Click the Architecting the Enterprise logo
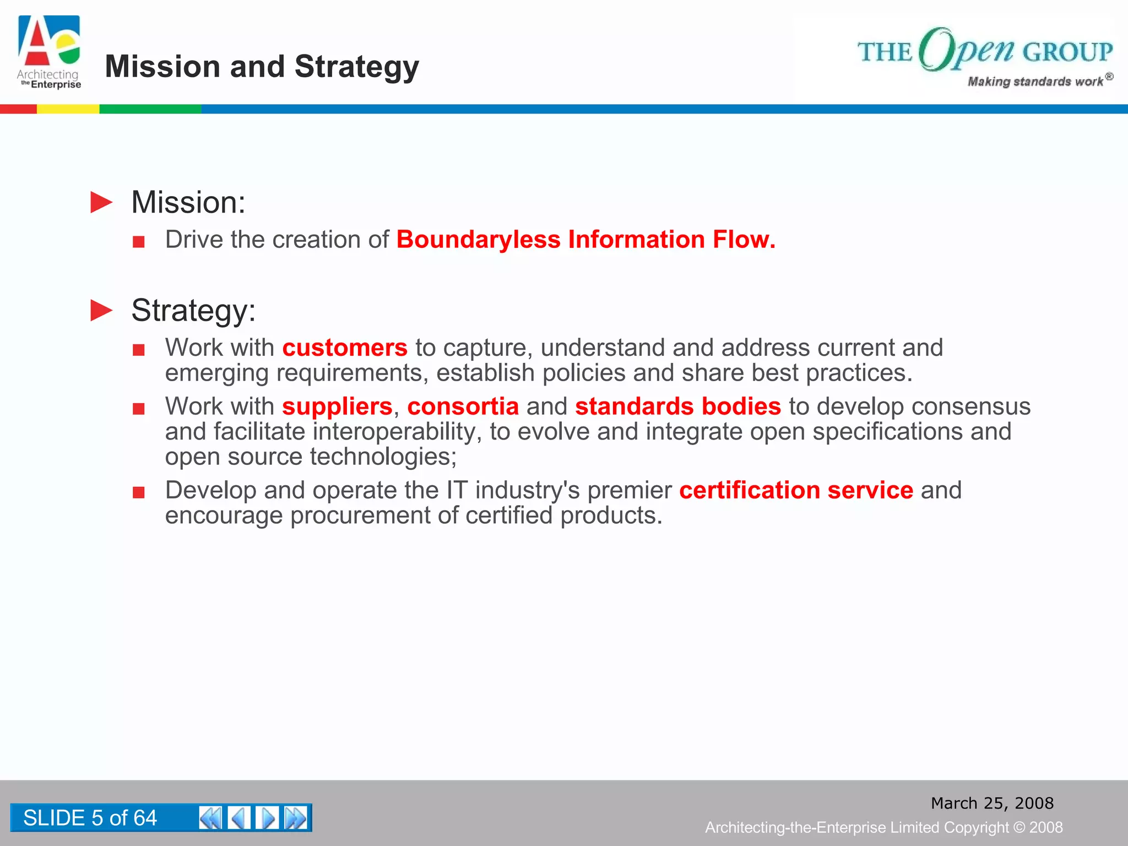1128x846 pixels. click(x=49, y=52)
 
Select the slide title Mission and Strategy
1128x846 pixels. click(x=262, y=67)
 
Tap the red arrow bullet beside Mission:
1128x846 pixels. click(x=101, y=202)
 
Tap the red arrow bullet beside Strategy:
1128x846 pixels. click(x=101, y=310)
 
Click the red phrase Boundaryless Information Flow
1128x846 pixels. click(x=585, y=240)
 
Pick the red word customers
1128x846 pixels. click(x=345, y=348)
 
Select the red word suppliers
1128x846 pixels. click(x=337, y=406)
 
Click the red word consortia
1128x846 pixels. click(x=463, y=406)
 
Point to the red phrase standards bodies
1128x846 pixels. click(x=677, y=406)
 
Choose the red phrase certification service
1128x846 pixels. click(x=796, y=490)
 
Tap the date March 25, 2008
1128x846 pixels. click(x=992, y=803)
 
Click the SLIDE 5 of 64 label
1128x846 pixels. click(x=90, y=818)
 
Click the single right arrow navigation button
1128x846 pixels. click(x=268, y=818)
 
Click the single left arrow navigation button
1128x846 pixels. click(x=239, y=818)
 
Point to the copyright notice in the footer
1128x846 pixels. click(x=883, y=827)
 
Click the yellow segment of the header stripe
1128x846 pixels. click(x=68, y=109)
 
